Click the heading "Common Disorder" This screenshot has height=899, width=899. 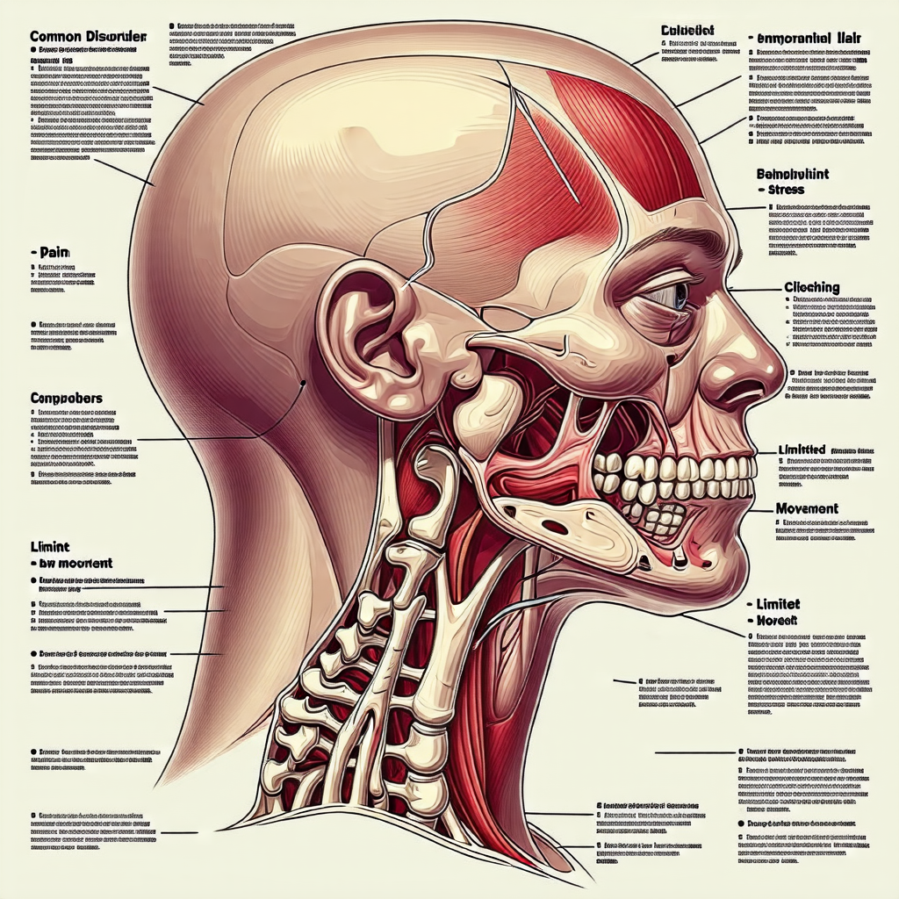point(87,37)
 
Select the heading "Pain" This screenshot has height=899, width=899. point(54,252)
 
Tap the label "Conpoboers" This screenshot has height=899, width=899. point(66,398)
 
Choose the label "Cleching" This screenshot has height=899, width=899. point(811,287)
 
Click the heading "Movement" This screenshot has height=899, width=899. point(807,508)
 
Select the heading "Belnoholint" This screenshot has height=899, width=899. point(792,175)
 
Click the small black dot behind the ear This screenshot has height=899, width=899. point(301,383)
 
